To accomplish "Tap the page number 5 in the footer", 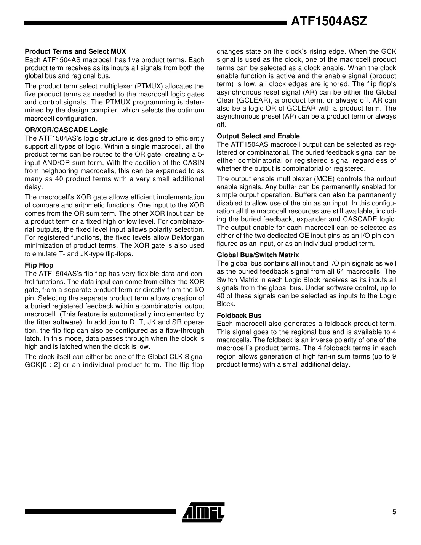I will (x=394, y=512).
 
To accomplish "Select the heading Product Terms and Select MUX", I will (x=75, y=51).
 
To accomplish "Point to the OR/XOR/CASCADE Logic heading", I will (x=66, y=130).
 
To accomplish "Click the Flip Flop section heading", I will (x=39, y=265).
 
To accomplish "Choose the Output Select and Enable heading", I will (x=258, y=136).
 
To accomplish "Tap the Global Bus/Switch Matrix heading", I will (x=258, y=255).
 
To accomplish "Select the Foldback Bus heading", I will (x=239, y=316).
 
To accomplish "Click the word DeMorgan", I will (x=189, y=237).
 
